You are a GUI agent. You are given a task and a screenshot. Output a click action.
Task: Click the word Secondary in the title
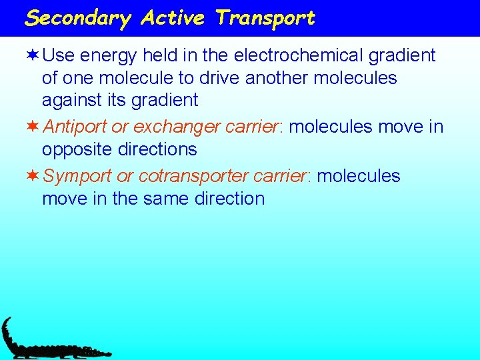point(78,18)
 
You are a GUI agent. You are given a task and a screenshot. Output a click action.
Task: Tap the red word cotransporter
point(193,176)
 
